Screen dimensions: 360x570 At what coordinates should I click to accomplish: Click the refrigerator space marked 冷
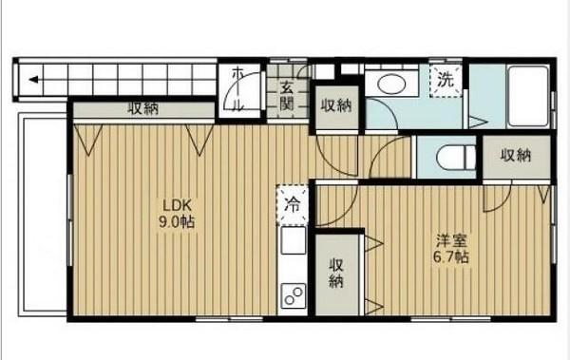293,203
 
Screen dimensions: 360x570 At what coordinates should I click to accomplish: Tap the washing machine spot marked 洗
445,81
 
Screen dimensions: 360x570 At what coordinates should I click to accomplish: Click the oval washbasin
391,84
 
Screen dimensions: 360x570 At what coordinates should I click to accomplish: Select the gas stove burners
293,296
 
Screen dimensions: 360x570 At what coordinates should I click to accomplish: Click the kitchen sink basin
293,240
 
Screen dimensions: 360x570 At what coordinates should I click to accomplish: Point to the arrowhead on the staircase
32,80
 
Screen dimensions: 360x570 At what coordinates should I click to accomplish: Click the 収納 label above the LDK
144,108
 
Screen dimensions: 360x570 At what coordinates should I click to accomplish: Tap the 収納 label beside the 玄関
335,105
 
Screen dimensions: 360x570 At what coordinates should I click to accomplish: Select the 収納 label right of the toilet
515,155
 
